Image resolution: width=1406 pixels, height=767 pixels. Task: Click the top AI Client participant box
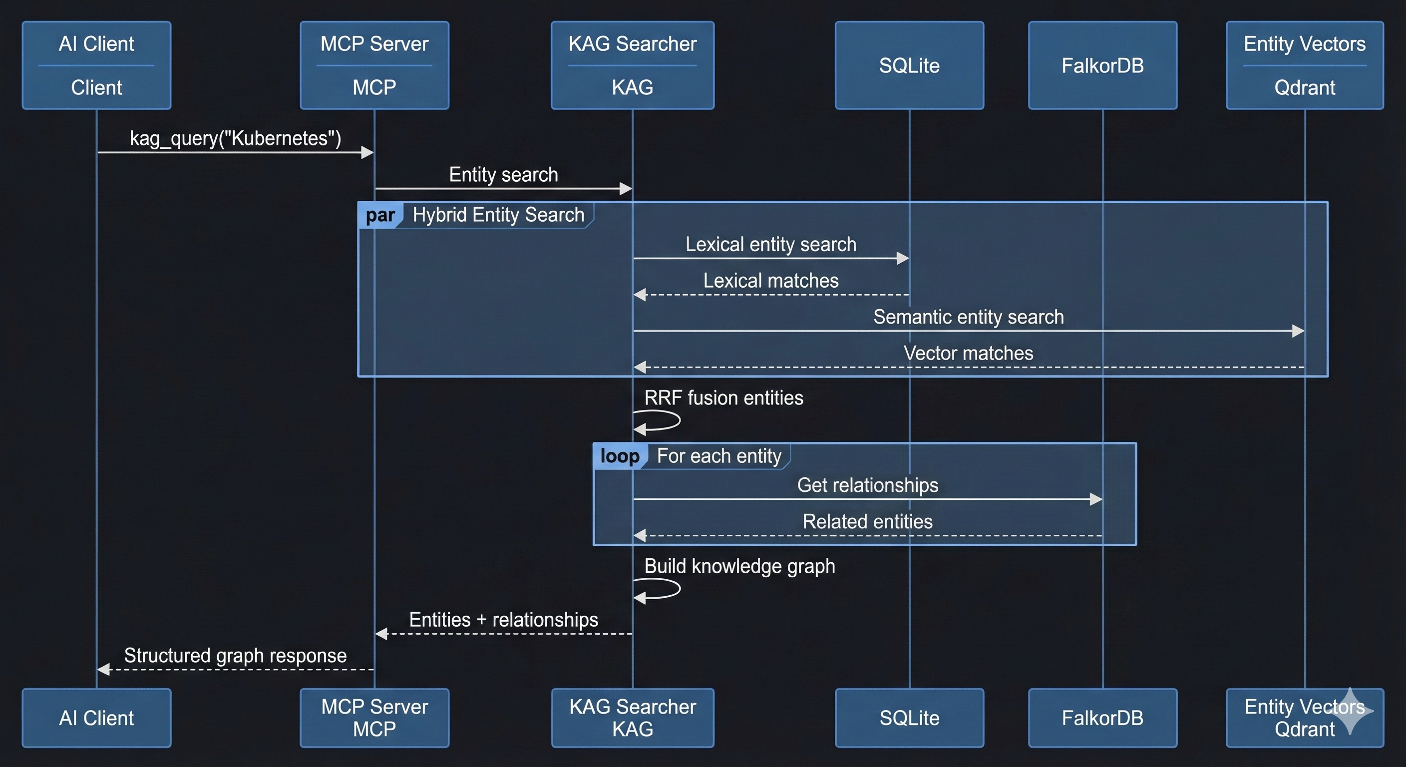pos(96,65)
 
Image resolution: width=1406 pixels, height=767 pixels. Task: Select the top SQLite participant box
pos(909,65)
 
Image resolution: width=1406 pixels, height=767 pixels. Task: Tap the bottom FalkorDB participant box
pos(1102,718)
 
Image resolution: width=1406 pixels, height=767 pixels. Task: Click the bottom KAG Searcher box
pos(633,718)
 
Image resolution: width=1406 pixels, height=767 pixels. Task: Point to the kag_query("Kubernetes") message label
pos(235,138)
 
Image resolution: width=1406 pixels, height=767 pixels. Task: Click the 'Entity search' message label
pos(503,175)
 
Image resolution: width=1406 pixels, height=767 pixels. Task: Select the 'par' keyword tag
pos(380,215)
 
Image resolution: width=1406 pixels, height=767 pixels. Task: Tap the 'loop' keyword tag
pos(620,456)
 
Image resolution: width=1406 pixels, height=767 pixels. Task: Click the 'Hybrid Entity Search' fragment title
pos(498,215)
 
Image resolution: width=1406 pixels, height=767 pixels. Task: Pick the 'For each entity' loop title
pos(719,456)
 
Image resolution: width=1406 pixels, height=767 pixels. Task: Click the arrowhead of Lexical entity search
pos(903,258)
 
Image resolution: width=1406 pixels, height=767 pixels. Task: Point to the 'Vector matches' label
pos(968,353)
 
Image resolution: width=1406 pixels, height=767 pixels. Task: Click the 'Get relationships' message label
pos(867,485)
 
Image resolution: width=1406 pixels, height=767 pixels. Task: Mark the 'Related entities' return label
pos(867,521)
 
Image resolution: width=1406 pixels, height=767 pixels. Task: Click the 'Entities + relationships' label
pos(503,620)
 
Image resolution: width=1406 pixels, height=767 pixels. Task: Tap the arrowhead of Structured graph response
pos(104,669)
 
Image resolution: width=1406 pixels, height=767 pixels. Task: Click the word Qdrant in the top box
pos(1305,87)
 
